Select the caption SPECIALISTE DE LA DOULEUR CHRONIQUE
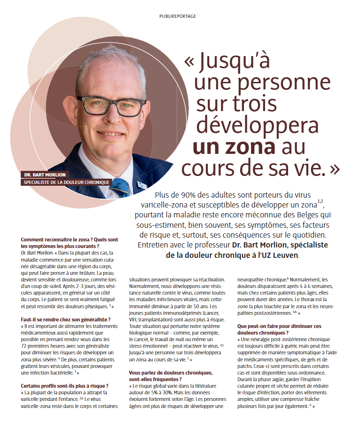[67, 182]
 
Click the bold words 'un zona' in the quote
[234, 146]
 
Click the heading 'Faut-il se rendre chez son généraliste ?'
[66, 319]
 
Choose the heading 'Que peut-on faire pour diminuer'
[280, 326]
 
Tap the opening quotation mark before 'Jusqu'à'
[189, 62]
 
